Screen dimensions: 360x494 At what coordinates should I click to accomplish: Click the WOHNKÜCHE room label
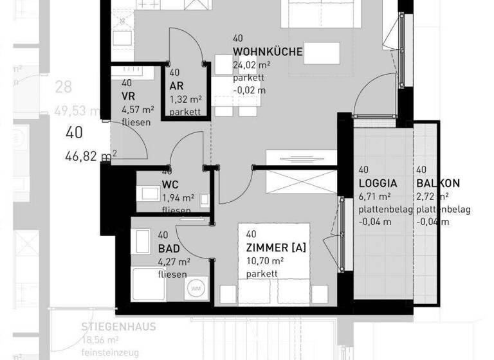click(x=268, y=52)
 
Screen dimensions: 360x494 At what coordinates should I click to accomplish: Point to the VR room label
click(x=127, y=96)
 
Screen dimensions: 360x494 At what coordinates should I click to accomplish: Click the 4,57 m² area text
click(x=136, y=109)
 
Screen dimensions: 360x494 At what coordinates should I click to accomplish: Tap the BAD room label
click(x=169, y=249)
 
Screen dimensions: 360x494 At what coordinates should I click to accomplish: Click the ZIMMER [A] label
click(x=275, y=248)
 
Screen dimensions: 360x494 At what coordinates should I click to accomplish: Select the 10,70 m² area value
click(x=265, y=261)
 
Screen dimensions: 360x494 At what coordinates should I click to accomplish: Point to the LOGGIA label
click(x=378, y=183)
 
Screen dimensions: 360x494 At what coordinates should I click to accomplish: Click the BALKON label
click(x=437, y=183)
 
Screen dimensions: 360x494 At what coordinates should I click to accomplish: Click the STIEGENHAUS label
click(x=119, y=327)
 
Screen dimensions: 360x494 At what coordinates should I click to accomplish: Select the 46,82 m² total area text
click(x=91, y=154)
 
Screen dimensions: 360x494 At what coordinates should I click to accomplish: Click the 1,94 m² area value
click(x=178, y=198)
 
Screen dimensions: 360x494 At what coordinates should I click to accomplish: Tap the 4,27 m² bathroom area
click(x=174, y=262)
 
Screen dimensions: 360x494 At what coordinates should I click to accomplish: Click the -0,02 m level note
click(x=250, y=90)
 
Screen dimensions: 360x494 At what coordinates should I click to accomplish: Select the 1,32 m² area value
click(x=186, y=99)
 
